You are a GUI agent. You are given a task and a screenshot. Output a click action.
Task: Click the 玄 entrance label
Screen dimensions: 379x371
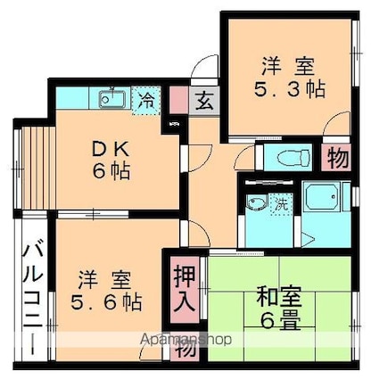pyautogui.click(x=204, y=99)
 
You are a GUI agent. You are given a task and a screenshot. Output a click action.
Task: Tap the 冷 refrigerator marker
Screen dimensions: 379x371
pyautogui.click(x=144, y=100)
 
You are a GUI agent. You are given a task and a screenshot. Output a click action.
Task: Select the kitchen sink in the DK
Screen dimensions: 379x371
pyautogui.click(x=111, y=98)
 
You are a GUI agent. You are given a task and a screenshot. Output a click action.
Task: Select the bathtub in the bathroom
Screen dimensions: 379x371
pyautogui.click(x=318, y=198)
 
